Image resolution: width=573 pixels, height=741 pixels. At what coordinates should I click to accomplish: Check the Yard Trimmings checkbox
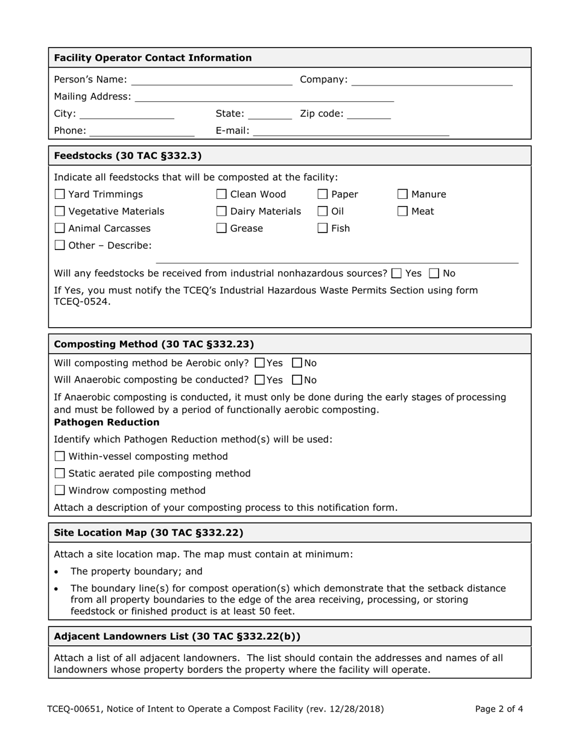click(60, 195)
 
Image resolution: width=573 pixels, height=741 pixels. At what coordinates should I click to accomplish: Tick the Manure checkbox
click(403, 195)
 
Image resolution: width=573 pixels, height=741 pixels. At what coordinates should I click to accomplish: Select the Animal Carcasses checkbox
click(60, 228)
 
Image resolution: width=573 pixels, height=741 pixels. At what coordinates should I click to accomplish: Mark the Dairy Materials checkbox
click(221, 211)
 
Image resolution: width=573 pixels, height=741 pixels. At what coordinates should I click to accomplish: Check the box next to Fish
click(323, 228)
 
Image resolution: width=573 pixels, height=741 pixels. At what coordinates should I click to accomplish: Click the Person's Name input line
click(211, 81)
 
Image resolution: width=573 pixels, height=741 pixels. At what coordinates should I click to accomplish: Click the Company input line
click(431, 81)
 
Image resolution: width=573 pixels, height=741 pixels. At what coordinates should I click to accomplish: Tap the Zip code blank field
click(369, 114)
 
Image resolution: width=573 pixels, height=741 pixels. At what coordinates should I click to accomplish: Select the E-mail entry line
click(351, 131)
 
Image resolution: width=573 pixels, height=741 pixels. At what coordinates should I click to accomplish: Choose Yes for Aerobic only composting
click(259, 363)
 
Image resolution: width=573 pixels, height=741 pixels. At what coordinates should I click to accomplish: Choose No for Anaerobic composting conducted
click(297, 380)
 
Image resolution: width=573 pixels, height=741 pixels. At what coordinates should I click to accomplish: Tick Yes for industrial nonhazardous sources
click(396, 274)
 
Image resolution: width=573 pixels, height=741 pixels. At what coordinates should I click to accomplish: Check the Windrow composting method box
click(60, 491)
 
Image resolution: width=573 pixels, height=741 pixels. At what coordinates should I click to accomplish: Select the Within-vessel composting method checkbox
click(60, 457)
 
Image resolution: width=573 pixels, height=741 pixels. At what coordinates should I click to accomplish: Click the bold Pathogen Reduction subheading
click(107, 422)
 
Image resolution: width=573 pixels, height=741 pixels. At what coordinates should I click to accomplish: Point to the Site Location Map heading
click(148, 533)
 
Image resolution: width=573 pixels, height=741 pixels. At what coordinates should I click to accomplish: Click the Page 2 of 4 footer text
click(499, 709)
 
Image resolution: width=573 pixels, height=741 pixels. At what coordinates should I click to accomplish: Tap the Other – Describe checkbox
click(60, 246)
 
